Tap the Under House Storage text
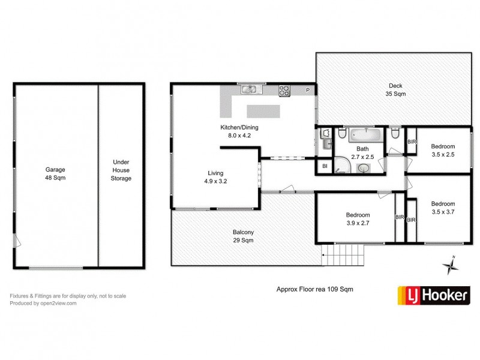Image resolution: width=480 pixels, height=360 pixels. [x=121, y=170]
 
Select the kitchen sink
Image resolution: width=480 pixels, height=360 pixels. [x=250, y=90]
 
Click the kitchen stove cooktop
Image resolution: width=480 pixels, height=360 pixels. [x=284, y=91]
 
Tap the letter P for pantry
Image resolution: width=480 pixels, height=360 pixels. [x=307, y=90]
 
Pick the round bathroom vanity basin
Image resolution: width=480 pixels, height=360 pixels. [x=364, y=169]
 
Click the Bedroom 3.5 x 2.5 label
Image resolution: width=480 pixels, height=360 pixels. [x=443, y=150]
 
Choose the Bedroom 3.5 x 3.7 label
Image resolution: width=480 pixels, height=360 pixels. [x=443, y=207]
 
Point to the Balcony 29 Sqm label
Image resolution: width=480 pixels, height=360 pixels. [x=244, y=236]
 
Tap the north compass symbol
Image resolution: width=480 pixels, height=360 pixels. [x=449, y=265]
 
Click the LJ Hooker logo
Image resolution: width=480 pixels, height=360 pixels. [x=434, y=295]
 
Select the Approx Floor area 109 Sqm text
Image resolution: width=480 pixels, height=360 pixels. [x=314, y=289]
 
